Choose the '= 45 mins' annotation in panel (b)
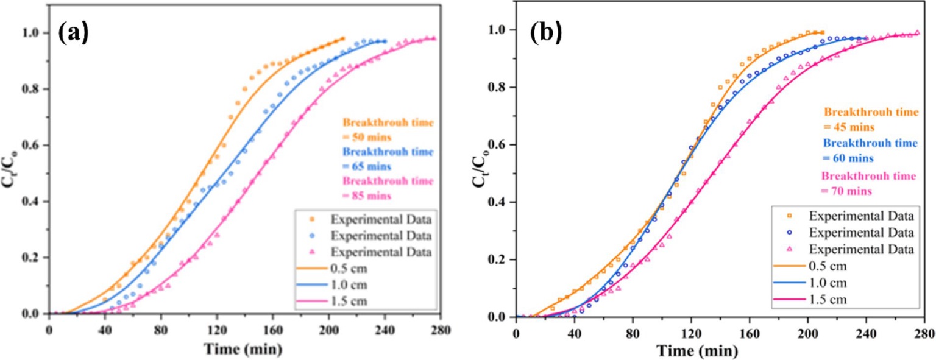(849, 127)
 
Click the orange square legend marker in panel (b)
(790, 216)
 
